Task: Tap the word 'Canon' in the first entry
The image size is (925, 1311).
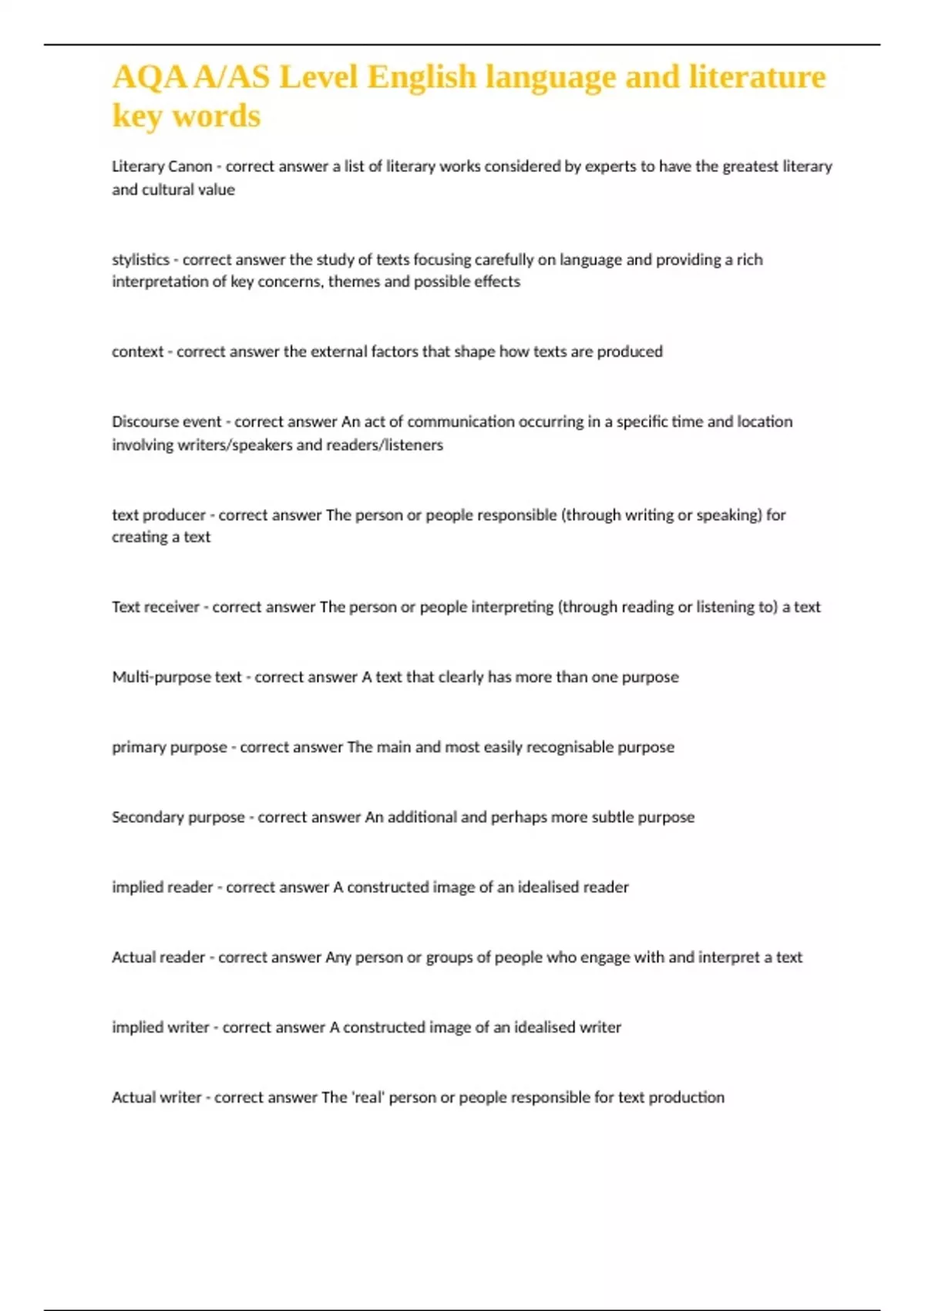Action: (190, 167)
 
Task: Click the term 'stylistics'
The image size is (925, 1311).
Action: (140, 260)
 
